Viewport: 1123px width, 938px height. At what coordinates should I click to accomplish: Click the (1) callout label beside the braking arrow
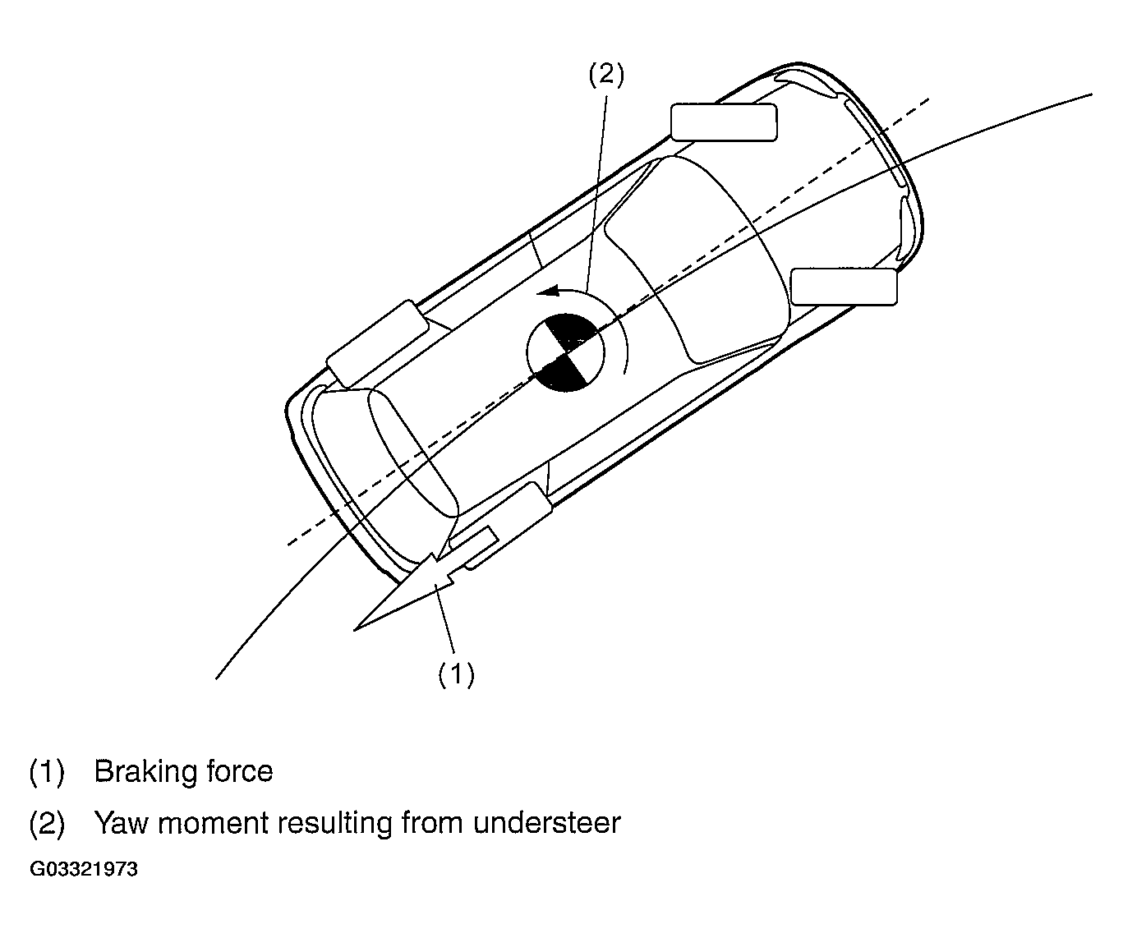click(x=456, y=674)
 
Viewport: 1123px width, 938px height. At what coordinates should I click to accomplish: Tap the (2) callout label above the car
click(x=606, y=74)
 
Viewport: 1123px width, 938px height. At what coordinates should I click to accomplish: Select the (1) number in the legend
click(x=47, y=772)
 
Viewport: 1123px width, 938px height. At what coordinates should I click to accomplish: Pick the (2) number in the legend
click(x=47, y=824)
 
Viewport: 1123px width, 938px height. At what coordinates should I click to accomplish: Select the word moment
click(x=213, y=824)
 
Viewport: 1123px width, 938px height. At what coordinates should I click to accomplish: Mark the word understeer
click(x=547, y=824)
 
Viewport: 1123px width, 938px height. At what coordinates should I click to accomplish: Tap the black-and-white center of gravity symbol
click(x=565, y=352)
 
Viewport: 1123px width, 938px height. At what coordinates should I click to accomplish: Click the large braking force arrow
click(x=404, y=591)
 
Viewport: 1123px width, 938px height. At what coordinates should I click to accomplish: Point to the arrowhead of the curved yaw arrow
click(x=549, y=292)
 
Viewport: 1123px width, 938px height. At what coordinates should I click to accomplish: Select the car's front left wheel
click(x=724, y=122)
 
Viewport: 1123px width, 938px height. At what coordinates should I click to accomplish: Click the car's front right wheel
click(x=844, y=287)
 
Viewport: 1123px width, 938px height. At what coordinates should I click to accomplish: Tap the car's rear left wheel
click(x=378, y=343)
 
